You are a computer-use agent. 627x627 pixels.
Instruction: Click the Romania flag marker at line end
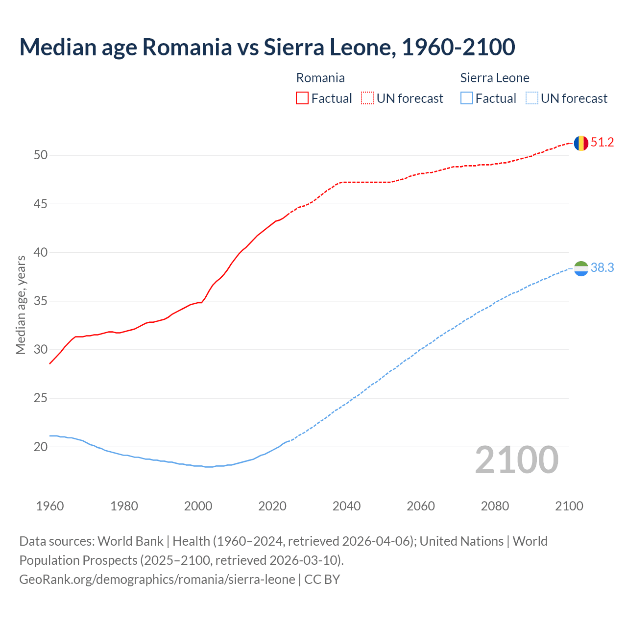pos(581,143)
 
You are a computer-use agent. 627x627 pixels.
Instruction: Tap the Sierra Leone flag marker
pos(581,268)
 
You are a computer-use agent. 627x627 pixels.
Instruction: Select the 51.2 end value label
pos(602,143)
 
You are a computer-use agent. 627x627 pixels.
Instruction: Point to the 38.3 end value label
pos(602,268)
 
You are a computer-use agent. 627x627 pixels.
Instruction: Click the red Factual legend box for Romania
pos(302,98)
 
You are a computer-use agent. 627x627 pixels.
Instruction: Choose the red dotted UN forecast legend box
pos(367,98)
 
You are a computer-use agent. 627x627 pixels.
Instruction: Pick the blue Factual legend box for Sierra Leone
pos(467,98)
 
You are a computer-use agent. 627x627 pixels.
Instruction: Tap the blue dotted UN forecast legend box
pos(531,98)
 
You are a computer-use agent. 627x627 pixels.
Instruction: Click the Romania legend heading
pos(320,78)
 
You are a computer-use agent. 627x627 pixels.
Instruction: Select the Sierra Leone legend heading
pos(495,78)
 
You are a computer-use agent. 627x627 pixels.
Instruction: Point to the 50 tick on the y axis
pos(41,155)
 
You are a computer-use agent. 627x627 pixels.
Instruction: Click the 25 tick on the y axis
pos(41,398)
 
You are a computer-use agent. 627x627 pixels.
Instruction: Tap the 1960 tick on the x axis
pos(50,506)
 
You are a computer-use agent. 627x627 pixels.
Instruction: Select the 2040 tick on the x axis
pos(346,506)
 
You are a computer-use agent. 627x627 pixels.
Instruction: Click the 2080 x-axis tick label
pos(495,506)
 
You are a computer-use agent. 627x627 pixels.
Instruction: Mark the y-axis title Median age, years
pos(21,305)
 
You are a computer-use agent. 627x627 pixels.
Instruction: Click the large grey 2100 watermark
pos(516,460)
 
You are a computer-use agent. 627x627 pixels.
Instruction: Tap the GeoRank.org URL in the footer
pos(157,579)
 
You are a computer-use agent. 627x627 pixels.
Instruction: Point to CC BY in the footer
pos(322,579)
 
